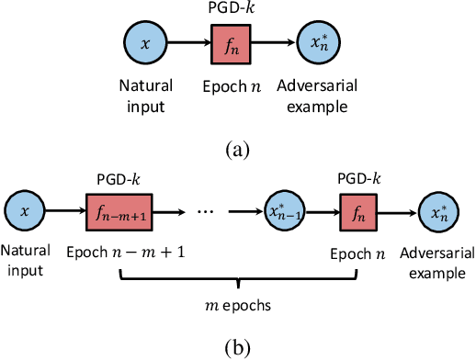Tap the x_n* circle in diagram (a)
coord(319,43)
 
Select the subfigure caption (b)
coord(237,348)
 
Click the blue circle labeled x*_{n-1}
coord(286,212)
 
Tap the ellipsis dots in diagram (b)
coord(206,213)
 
